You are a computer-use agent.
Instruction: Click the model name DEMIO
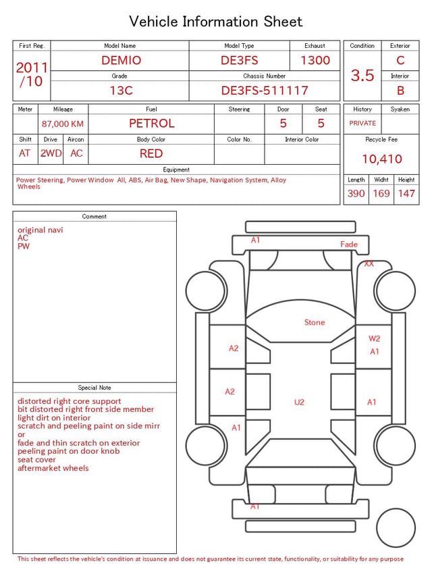[x=121, y=60]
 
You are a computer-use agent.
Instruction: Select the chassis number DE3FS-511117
[x=265, y=91]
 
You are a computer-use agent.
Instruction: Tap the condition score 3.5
[x=362, y=75]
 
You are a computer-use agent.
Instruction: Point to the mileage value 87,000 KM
[x=63, y=124]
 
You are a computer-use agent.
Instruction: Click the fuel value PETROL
[x=152, y=124]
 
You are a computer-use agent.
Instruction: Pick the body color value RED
[x=151, y=153]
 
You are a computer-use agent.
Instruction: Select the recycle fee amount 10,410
[x=381, y=159]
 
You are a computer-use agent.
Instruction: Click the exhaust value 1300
[x=315, y=60]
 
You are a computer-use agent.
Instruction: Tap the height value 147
[x=406, y=193]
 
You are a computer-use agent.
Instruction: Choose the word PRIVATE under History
[x=362, y=123]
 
